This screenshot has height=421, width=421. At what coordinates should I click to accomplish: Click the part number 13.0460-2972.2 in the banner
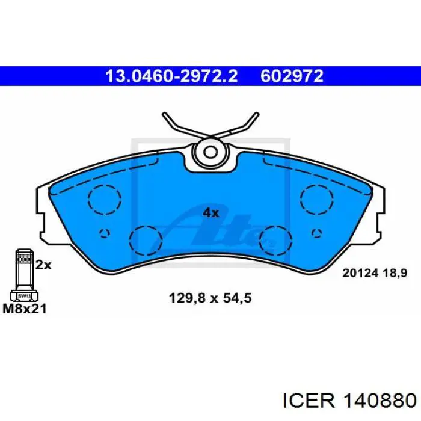(x=171, y=76)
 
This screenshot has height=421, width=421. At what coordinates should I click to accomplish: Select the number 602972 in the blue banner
(x=292, y=76)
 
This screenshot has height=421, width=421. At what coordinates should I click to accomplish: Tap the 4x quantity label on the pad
(x=210, y=212)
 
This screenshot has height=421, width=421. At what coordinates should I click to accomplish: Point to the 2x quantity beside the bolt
(x=43, y=264)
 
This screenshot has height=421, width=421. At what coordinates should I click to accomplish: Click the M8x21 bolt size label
(x=25, y=309)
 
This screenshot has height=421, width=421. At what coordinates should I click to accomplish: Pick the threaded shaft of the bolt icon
(x=23, y=270)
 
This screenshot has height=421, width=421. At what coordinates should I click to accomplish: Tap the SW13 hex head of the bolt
(x=23, y=296)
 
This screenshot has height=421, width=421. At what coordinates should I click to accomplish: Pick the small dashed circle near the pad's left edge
(x=105, y=233)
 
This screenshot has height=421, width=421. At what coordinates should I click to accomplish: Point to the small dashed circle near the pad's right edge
(x=316, y=233)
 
